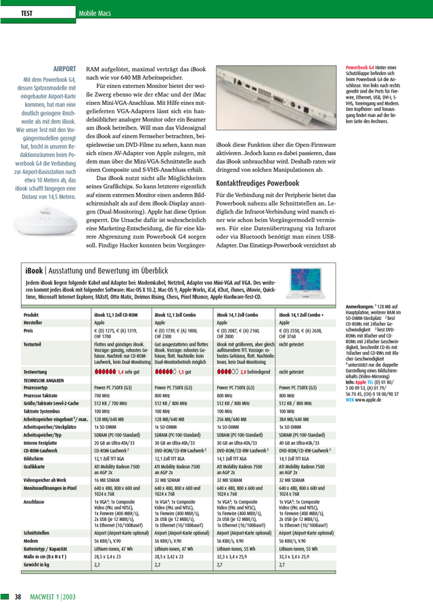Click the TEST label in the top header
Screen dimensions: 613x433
pyautogui.click(x=28, y=13)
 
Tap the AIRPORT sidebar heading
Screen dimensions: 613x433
pyautogui.click(x=65, y=68)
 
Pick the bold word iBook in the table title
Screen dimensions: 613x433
pyautogui.click(x=35, y=271)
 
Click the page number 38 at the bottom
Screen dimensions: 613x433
pyautogui.click(x=18, y=596)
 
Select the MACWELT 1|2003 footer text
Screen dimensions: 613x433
pyautogui.click(x=56, y=596)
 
